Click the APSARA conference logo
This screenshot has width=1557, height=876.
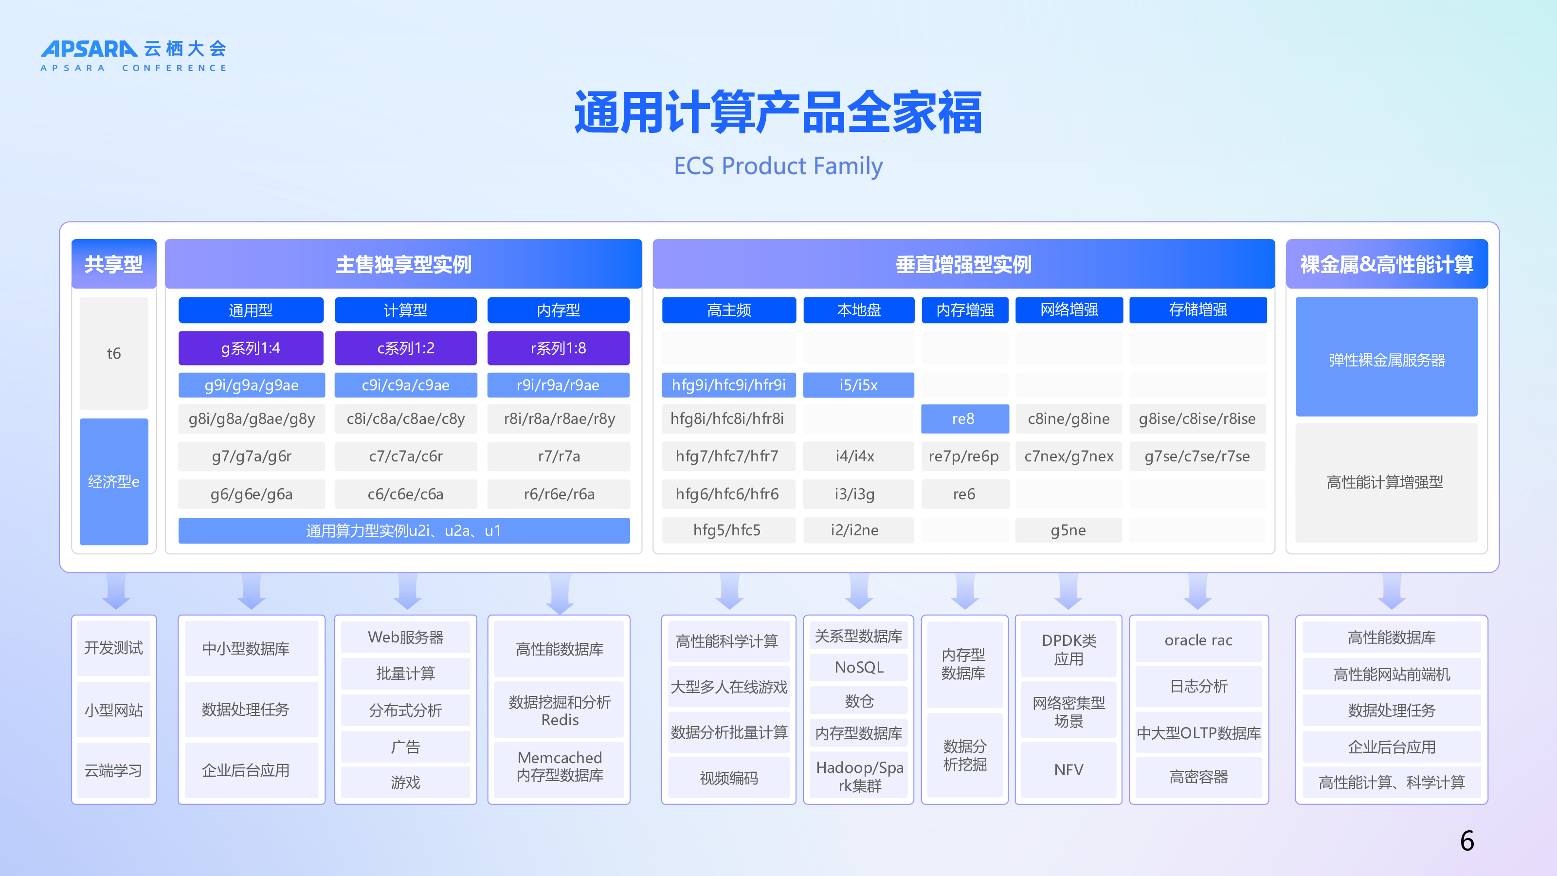[x=134, y=55]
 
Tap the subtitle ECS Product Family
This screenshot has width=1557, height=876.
[x=778, y=165]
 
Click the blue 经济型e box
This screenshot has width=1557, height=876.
[x=114, y=481]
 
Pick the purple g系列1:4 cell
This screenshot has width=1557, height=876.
[x=251, y=348]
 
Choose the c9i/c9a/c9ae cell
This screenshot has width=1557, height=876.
[x=406, y=385]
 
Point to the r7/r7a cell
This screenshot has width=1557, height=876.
[x=559, y=456]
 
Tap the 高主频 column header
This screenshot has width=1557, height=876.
[x=729, y=310]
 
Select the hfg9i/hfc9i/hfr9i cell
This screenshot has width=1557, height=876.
[x=729, y=385]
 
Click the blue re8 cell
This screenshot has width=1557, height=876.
[x=965, y=419]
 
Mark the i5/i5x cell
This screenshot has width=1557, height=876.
[x=858, y=385]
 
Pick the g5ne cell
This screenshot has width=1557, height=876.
[x=1068, y=530]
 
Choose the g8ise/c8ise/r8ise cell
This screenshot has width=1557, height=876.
[x=1197, y=419]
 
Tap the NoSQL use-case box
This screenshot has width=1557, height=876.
[x=858, y=667]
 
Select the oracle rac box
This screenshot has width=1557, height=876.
[x=1198, y=640]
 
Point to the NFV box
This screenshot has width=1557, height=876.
[x=1068, y=769]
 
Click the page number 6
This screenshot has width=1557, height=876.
[x=1467, y=841]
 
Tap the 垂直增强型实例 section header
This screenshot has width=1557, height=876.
[x=963, y=264]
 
